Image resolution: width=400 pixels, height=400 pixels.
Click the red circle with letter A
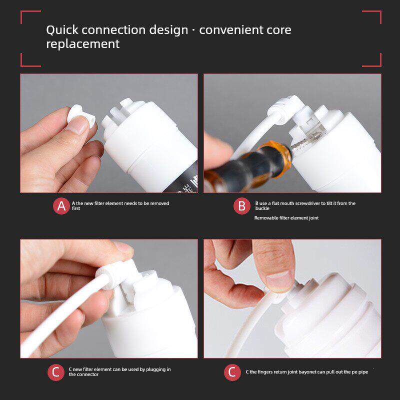[x=61, y=206]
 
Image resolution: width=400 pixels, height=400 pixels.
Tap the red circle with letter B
[x=242, y=206]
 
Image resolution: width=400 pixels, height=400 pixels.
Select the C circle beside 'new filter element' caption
[x=56, y=372]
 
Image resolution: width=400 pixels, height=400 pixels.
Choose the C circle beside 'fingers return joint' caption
[x=232, y=372]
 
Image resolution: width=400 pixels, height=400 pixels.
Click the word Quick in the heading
[x=62, y=30]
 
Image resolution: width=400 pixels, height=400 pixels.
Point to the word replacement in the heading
[x=83, y=44]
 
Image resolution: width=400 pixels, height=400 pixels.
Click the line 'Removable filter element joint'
[x=286, y=218]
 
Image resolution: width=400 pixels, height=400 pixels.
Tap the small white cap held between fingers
[x=81, y=118]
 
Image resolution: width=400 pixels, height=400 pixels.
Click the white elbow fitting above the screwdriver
[x=285, y=109]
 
